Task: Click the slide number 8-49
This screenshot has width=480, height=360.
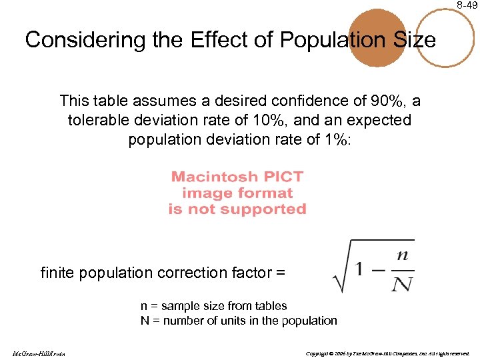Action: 467,5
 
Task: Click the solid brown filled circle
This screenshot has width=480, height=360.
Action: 377,37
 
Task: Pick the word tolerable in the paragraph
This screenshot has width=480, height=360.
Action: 98,121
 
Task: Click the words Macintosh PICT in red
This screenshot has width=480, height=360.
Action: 237,177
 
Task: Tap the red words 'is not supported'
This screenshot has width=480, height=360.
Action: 237,209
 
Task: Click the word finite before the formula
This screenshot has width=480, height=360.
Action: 57,273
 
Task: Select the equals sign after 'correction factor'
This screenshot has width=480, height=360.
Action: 280,273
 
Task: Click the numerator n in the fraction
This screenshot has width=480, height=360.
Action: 402,255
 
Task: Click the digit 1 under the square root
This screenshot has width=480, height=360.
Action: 361,269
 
